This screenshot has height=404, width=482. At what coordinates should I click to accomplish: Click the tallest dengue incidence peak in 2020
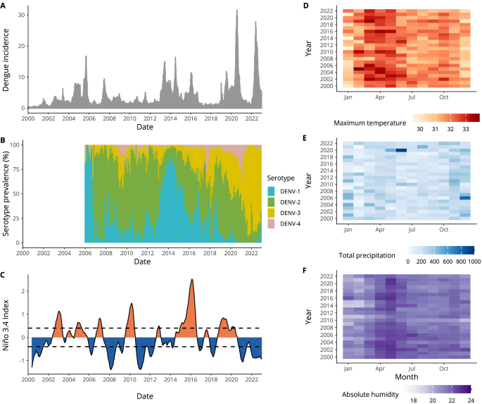click(x=236, y=11)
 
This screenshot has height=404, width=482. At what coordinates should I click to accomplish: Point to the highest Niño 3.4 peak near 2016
click(x=191, y=280)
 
